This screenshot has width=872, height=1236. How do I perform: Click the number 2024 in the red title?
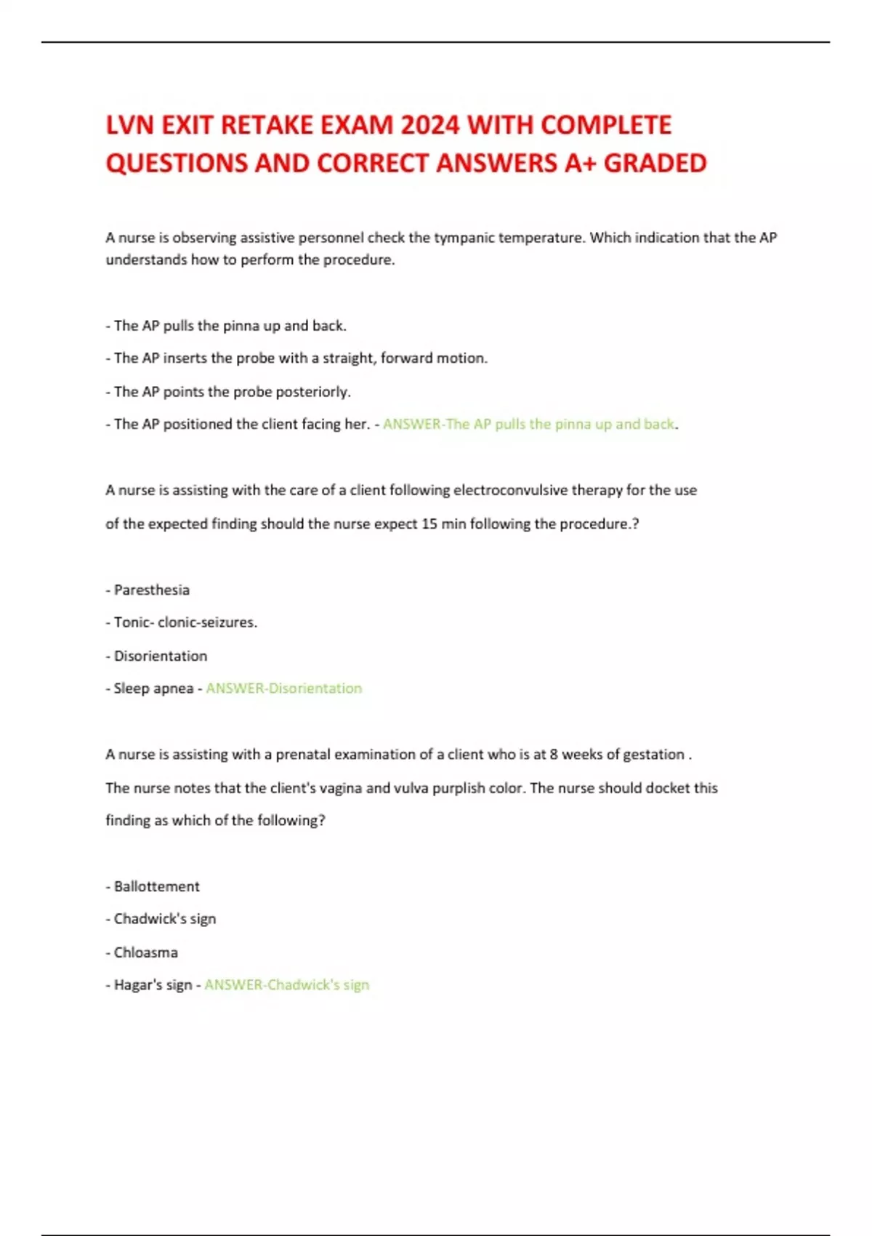tap(429, 125)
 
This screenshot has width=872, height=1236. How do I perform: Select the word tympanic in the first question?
tap(464, 238)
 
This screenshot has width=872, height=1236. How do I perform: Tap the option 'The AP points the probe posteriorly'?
tap(232, 391)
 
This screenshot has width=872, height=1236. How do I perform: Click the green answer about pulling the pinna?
tap(529, 424)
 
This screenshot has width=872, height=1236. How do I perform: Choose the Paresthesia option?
tap(151, 590)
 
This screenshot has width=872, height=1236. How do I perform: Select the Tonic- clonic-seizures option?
tap(185, 622)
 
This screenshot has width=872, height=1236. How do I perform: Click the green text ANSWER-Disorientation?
tap(283, 688)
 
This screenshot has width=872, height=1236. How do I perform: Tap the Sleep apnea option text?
tap(153, 688)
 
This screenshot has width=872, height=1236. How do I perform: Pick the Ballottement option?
tap(156, 886)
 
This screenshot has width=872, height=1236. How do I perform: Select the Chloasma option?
tap(145, 952)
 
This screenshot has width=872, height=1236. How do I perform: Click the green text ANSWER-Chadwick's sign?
tap(286, 984)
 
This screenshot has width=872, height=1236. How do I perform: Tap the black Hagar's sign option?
tap(153, 984)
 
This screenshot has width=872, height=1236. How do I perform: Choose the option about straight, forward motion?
tap(300, 358)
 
